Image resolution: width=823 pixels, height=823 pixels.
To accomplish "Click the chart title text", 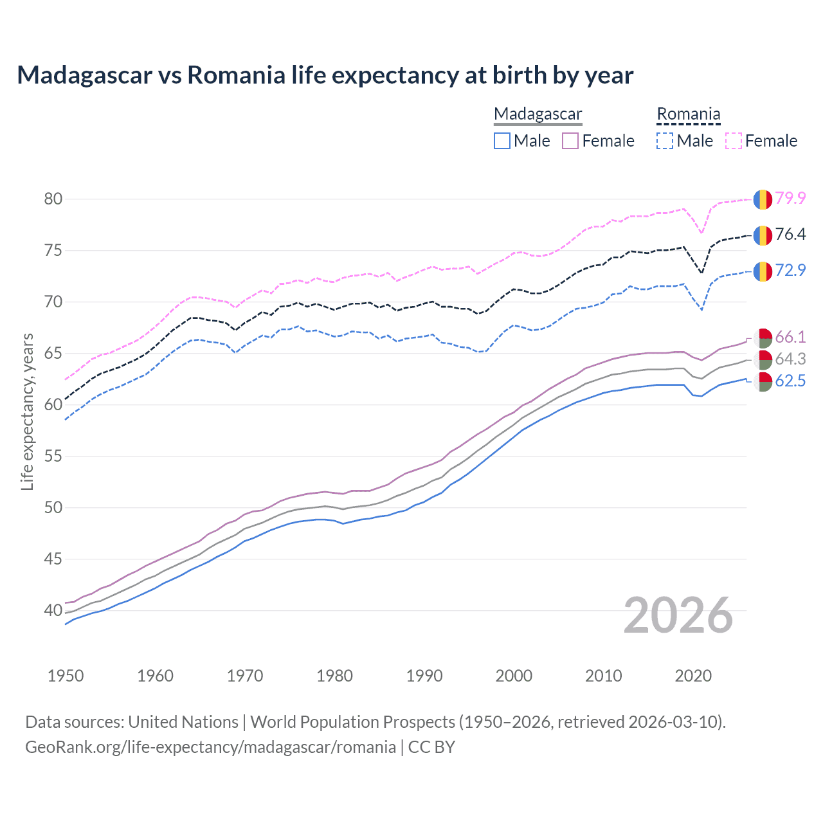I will click(325, 75).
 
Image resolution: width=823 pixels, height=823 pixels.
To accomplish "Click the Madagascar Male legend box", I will click(502, 141).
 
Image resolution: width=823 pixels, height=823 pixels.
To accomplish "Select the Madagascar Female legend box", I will click(570, 141).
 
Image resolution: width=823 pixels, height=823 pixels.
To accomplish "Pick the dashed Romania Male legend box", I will click(665, 141).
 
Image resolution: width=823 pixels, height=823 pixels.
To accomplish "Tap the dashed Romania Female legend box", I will click(733, 141).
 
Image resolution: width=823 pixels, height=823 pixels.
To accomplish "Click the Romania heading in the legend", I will click(688, 114).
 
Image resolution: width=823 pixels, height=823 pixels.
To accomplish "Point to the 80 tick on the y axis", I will click(53, 199).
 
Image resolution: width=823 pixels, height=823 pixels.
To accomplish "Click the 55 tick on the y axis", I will click(53, 456).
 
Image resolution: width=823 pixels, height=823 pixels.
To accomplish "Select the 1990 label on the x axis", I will click(424, 676).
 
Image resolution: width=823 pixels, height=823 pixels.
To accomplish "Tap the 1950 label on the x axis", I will click(66, 676).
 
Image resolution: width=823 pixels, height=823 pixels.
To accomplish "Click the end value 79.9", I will click(790, 198).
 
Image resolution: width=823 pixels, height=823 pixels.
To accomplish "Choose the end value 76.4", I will click(790, 234).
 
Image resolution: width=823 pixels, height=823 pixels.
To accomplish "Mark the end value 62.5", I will click(790, 381).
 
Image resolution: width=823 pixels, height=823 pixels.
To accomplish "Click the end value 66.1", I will click(790, 337).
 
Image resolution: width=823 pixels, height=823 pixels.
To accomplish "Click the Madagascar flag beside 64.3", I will click(763, 359).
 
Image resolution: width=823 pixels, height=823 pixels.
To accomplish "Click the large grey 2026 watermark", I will click(678, 615).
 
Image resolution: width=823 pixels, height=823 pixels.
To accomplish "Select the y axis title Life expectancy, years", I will click(27, 411).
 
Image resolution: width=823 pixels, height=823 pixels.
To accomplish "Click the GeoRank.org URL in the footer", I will click(210, 747).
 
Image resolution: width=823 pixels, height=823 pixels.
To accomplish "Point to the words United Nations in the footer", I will click(183, 722).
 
